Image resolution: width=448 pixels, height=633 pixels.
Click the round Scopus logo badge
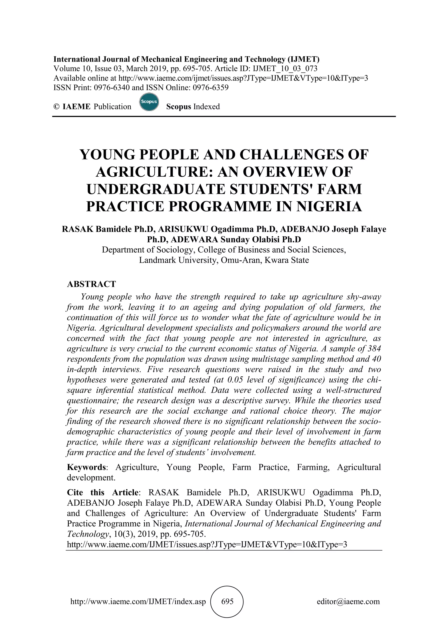tap(149, 102)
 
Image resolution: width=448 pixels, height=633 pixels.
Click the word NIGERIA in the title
tap(329, 207)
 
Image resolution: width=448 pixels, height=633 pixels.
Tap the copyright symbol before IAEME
tap(57, 107)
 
